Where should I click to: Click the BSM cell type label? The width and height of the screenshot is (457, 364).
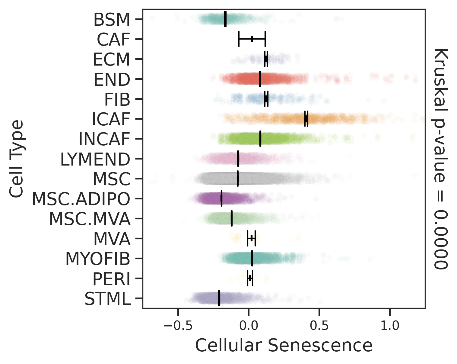coord(112,20)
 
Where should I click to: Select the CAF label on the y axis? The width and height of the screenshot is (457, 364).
coord(113,40)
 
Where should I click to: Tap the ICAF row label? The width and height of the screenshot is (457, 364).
coord(111,119)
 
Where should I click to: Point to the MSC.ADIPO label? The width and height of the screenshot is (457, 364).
coord(81,199)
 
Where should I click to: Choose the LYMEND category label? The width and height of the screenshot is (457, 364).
coord(95,159)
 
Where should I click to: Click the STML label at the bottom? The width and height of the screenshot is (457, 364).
coord(107,299)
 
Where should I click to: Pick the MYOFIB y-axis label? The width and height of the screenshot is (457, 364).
coord(98,259)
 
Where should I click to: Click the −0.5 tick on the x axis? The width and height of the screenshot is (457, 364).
coord(178,326)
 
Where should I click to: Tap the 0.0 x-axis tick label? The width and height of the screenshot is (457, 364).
coord(248,326)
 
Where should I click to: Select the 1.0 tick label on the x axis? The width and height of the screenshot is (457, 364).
coord(390,326)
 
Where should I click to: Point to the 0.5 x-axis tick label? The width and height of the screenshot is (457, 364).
coord(319,326)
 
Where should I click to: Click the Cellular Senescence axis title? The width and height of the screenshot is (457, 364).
coord(284,345)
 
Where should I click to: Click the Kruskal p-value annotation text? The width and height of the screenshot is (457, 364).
coord(441,158)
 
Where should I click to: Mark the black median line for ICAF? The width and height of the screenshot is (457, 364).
coord(306,119)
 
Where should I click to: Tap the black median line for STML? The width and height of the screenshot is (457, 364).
coord(219,298)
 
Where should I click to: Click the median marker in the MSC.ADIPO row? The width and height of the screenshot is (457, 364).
coord(221,198)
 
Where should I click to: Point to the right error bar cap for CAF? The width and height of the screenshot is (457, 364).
coord(265,39)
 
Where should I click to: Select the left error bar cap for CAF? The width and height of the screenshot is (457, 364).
coord(239,39)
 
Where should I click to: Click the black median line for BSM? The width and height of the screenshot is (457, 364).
coord(225,19)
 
